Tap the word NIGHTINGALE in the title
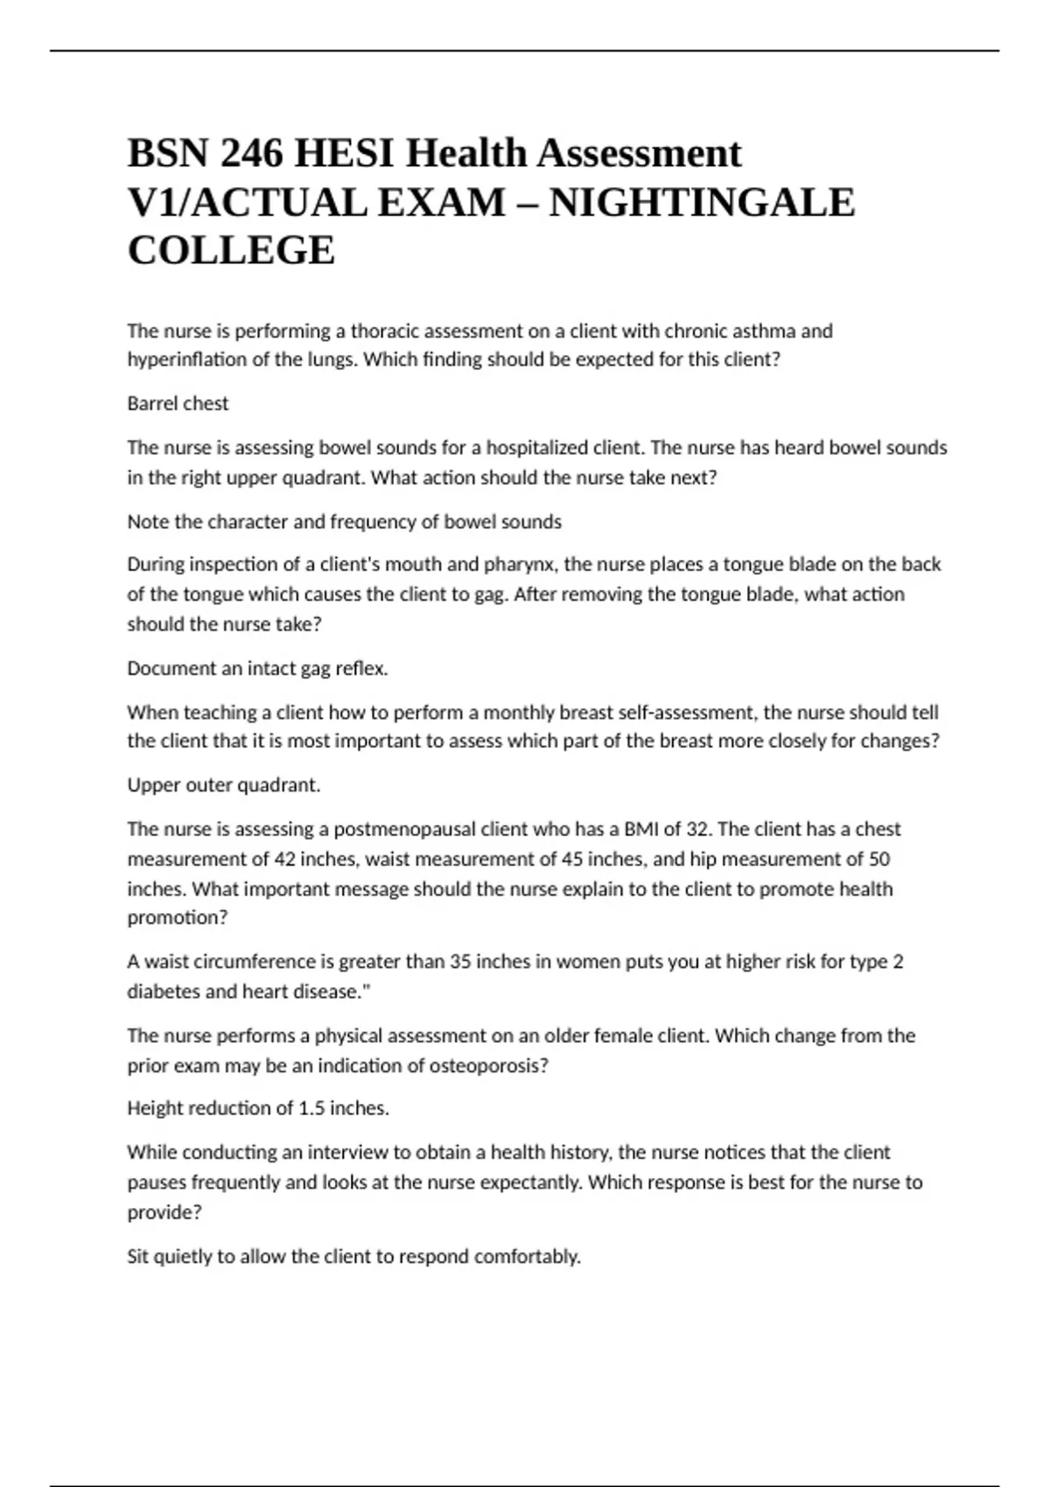point(702,203)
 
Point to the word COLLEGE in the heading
point(231,251)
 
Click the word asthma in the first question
point(763,332)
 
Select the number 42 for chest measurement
point(285,859)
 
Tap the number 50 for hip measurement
point(878,859)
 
